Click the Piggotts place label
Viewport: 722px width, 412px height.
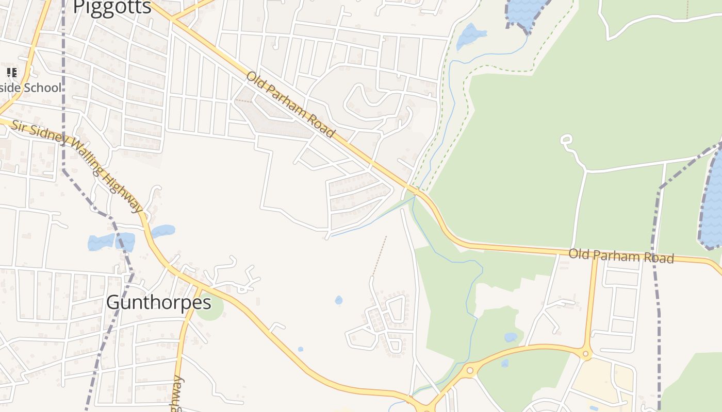pos(112,7)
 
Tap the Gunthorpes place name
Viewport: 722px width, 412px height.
pos(158,302)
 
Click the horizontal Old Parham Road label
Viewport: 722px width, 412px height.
pos(621,256)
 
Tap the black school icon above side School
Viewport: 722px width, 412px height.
pos(11,73)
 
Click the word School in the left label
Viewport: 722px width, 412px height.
pos(41,88)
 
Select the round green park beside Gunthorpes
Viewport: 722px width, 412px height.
pos(210,307)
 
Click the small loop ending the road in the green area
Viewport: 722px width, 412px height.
pos(566,139)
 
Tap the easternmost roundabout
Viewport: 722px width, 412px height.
pos(585,354)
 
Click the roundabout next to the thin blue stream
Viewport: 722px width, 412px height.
pos(469,370)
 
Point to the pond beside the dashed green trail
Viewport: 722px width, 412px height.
pos(471,35)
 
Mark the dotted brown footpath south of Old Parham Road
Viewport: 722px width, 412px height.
pos(380,255)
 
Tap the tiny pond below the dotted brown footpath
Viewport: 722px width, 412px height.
pos(338,300)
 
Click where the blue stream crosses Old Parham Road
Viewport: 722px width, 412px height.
pos(417,192)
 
